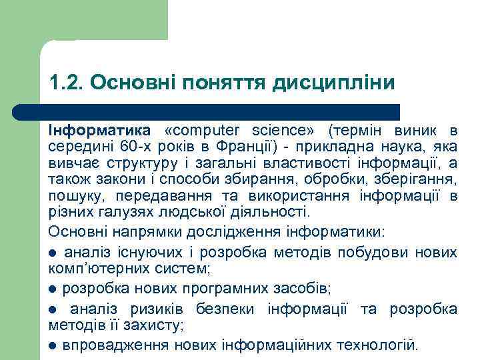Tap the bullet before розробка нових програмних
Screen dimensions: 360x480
tap(53, 289)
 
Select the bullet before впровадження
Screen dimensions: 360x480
tap(53, 347)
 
